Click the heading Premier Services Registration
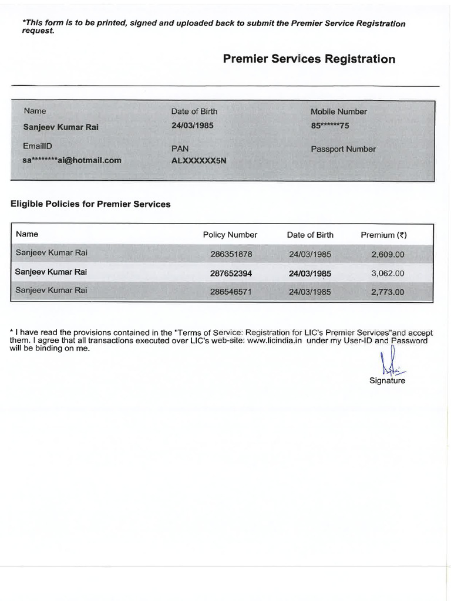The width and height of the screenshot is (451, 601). pyautogui.click(x=309, y=59)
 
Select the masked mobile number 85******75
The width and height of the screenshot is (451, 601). pyautogui.click(x=330, y=126)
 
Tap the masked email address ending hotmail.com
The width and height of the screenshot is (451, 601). pyautogui.click(x=72, y=160)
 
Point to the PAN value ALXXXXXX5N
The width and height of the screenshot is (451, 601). pyautogui.click(x=198, y=160)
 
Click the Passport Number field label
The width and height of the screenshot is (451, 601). pyautogui.click(x=343, y=149)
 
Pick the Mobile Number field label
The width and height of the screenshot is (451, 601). pyautogui.click(x=339, y=112)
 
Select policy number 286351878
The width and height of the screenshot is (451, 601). pyautogui.click(x=231, y=255)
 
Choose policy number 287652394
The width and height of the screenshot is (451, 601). pyautogui.click(x=231, y=274)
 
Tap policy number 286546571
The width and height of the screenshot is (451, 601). pyautogui.click(x=231, y=292)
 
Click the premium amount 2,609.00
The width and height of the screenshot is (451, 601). pyautogui.click(x=388, y=255)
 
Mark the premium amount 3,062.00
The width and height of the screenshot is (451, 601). pyautogui.click(x=388, y=274)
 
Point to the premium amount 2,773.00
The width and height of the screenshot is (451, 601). pyautogui.click(x=388, y=292)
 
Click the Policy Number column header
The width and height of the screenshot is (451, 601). pyautogui.click(x=230, y=235)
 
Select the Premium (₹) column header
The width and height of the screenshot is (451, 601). pyautogui.click(x=383, y=235)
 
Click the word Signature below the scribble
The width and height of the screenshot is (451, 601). pyautogui.click(x=387, y=380)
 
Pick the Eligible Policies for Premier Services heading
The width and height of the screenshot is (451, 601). pyautogui.click(x=90, y=204)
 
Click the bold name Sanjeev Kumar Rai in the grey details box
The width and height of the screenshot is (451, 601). pyautogui.click(x=60, y=127)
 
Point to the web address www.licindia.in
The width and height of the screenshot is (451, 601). pyautogui.click(x=274, y=340)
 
